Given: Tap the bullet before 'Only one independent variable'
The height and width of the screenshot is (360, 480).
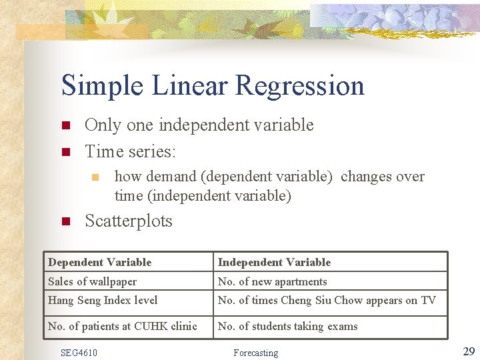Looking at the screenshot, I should (65, 125).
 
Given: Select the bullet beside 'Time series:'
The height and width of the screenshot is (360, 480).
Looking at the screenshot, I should (65, 152).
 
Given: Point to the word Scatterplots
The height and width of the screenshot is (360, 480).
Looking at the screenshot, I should (129, 221).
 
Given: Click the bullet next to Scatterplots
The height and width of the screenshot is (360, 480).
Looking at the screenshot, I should (65, 221).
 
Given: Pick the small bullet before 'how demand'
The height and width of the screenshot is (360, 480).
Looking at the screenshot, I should (95, 177).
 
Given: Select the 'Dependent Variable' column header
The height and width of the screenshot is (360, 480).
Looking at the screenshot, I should (100, 263).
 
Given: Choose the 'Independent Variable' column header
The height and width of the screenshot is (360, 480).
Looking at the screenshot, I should (274, 263).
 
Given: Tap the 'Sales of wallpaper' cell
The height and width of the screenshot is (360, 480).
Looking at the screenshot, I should (92, 282).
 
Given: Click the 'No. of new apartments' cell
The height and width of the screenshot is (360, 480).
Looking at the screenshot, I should (272, 282).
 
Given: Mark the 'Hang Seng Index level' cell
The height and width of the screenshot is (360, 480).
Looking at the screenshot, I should (103, 301).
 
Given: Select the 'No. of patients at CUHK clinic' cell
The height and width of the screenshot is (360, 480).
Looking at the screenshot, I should (123, 326).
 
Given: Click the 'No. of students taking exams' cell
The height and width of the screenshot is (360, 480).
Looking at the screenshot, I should (287, 326).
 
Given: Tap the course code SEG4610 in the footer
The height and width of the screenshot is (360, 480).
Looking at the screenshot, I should (79, 352).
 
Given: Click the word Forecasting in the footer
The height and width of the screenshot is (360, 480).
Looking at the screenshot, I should (255, 352).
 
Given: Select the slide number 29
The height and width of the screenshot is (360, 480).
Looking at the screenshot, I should (468, 351).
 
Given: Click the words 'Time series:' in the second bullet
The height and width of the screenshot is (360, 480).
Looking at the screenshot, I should (131, 152).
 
